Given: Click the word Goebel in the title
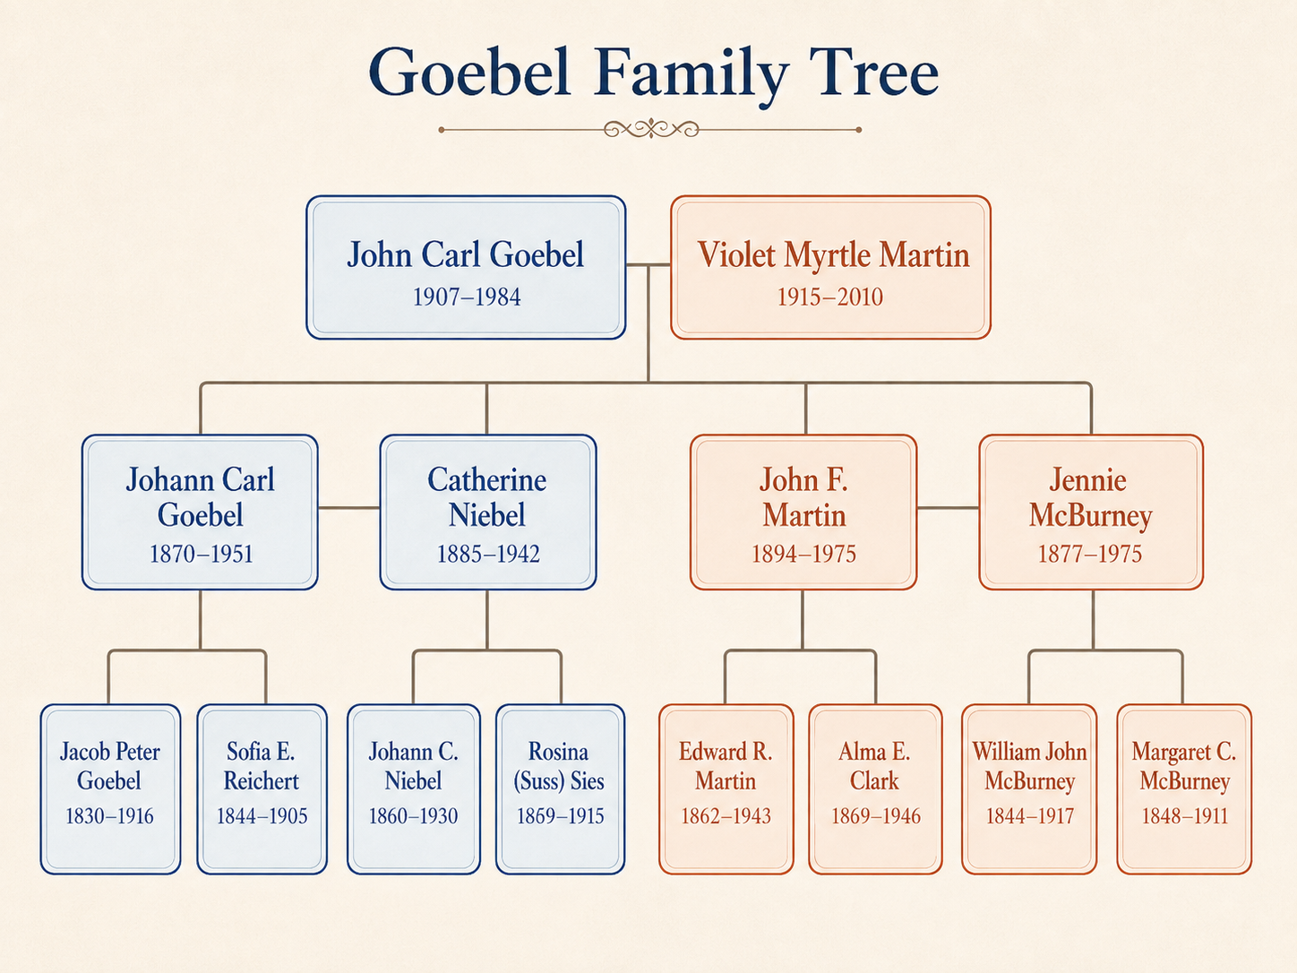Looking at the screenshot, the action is (469, 72).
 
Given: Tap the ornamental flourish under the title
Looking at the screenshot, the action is (650, 129).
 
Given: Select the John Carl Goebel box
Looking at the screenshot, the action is (466, 268).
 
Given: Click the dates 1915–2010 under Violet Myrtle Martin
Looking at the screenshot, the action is (829, 297).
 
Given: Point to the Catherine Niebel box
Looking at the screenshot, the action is (487, 512).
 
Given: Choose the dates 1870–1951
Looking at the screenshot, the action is (201, 554).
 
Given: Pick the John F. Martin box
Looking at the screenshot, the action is (803, 512).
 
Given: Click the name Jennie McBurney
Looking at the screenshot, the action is (1089, 497).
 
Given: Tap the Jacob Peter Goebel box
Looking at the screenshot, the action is (110, 788).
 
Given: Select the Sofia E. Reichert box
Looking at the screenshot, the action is (262, 788).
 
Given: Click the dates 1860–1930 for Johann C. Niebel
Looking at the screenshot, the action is (413, 816).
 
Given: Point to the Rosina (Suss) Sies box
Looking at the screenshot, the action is (560, 788).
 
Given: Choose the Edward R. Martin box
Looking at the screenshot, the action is (726, 788).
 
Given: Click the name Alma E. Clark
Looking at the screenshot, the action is (874, 766).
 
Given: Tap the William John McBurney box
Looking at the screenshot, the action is (1029, 788).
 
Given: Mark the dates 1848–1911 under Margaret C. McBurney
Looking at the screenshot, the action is (1185, 816).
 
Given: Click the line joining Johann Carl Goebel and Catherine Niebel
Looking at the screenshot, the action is (348, 507).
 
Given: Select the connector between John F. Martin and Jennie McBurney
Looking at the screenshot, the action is (949, 507).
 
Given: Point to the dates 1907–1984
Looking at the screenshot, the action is (466, 297).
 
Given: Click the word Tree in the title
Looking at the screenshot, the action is (874, 72).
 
